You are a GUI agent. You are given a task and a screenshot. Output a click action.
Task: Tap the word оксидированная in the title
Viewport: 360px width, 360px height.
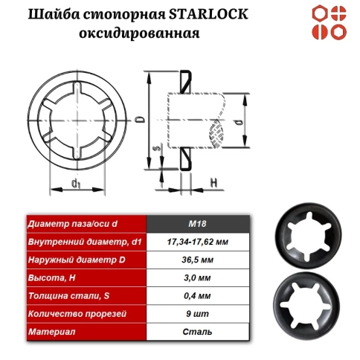(141, 33)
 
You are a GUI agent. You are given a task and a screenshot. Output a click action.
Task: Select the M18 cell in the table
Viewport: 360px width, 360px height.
(198, 224)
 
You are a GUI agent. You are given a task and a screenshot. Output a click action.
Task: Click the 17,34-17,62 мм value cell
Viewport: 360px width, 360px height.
(198, 242)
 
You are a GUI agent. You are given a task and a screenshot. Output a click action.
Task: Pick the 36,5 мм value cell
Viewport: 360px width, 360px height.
(198, 260)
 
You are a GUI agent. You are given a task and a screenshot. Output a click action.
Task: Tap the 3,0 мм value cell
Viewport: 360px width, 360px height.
(198, 277)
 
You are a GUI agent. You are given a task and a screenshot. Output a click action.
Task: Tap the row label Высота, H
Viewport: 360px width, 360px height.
(52, 277)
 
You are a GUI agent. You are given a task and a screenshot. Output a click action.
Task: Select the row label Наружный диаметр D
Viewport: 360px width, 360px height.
(70, 260)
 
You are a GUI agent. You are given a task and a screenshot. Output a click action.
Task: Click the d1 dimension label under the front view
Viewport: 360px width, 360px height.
(77, 183)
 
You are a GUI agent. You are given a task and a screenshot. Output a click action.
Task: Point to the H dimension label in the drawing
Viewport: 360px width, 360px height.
(213, 181)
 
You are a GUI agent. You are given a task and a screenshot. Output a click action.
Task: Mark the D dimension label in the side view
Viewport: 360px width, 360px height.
(138, 118)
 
